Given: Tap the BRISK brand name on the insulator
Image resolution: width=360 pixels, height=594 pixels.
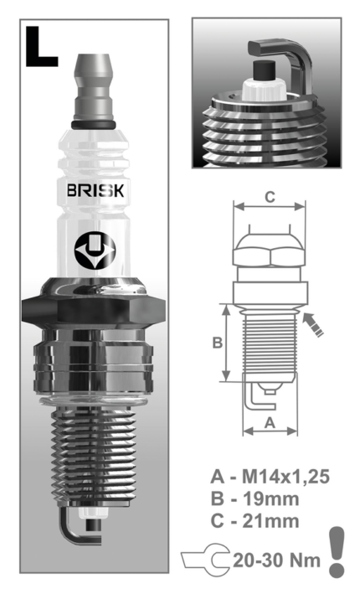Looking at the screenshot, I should [x=95, y=189].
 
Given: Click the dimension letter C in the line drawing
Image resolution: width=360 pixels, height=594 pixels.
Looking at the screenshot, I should [x=269, y=197].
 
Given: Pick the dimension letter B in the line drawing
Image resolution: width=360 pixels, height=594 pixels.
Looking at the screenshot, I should [x=215, y=343].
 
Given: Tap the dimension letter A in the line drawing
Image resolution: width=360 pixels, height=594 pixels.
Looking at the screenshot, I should [x=270, y=423].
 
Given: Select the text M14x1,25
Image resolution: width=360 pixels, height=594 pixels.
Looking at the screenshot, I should [x=281, y=478].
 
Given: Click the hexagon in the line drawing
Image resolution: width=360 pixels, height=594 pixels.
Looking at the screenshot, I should [x=269, y=251].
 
